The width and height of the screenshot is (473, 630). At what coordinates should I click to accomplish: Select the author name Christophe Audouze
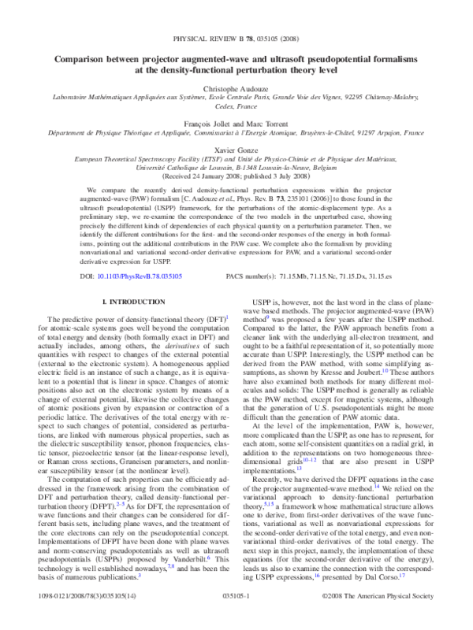tap(236, 85)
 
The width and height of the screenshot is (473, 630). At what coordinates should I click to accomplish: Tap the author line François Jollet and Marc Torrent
tap(236, 124)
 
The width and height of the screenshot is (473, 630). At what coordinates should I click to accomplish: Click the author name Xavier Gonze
tap(236, 149)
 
